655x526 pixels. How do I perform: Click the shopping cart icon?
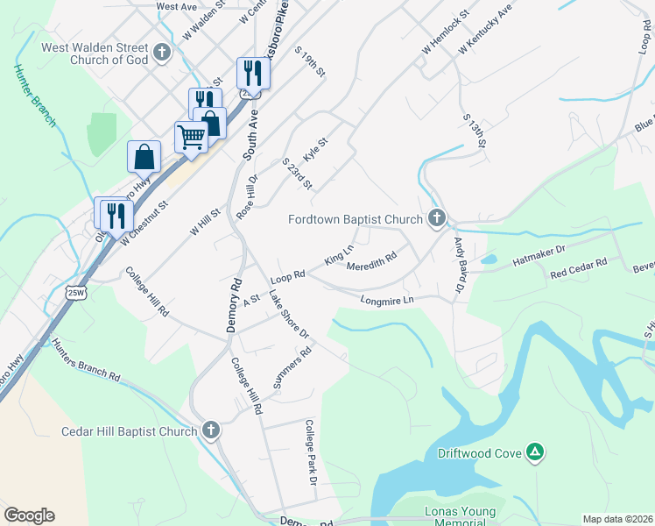(191, 136)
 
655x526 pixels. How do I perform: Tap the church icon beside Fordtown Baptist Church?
(436, 219)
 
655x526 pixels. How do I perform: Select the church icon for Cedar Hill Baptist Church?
(210, 430)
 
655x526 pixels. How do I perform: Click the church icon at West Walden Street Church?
(161, 53)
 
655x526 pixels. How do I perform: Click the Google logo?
(29, 515)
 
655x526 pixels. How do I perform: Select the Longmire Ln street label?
(386, 301)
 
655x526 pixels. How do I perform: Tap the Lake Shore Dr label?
(290, 315)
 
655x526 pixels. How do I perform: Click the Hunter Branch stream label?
(35, 96)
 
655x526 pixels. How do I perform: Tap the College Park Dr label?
(310, 451)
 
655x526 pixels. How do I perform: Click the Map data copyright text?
(616, 519)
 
